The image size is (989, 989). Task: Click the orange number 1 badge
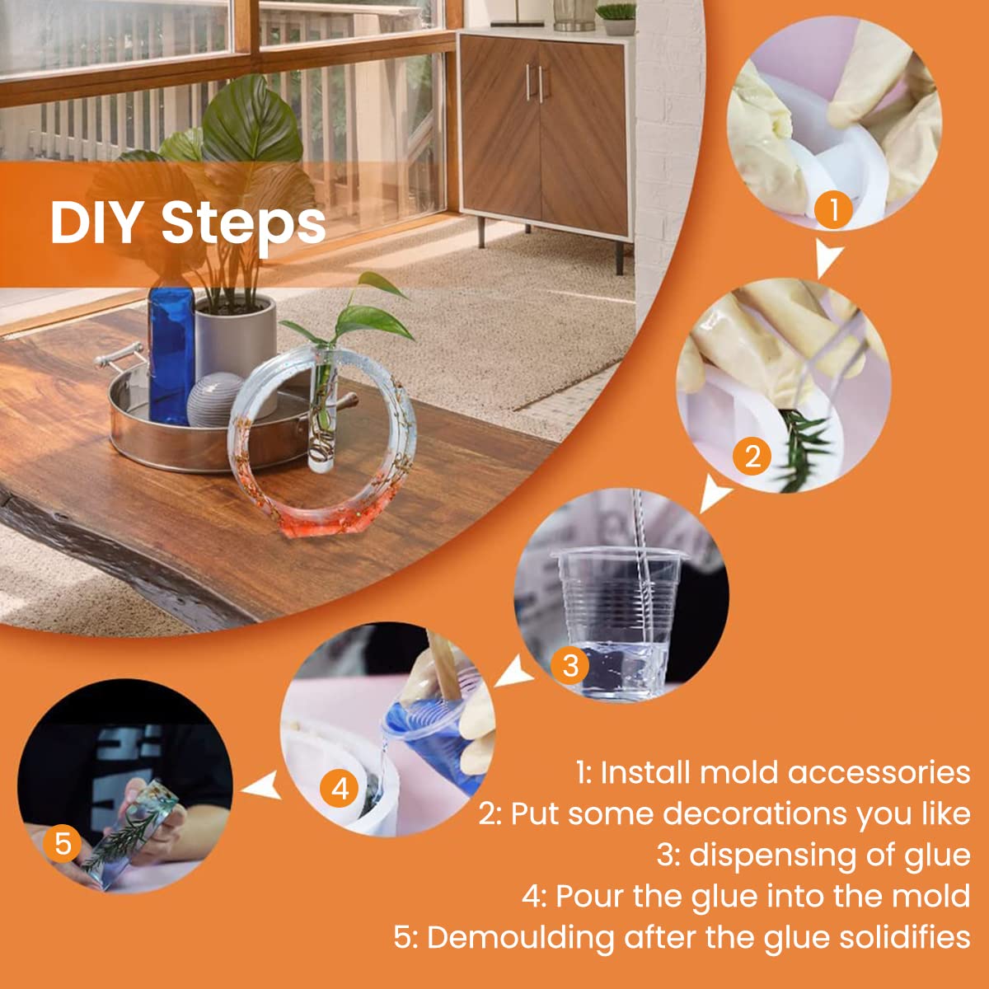click(833, 209)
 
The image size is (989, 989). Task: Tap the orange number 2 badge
click(752, 457)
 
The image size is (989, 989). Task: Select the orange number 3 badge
click(570, 666)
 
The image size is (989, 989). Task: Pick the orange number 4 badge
click(340, 789)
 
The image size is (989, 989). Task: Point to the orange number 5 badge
click(63, 843)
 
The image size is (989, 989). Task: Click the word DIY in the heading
click(96, 223)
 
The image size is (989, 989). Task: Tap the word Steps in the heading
click(244, 226)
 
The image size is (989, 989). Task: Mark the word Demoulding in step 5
click(522, 938)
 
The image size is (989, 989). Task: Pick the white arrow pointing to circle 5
click(262, 785)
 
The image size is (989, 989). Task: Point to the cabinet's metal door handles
click(535, 82)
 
